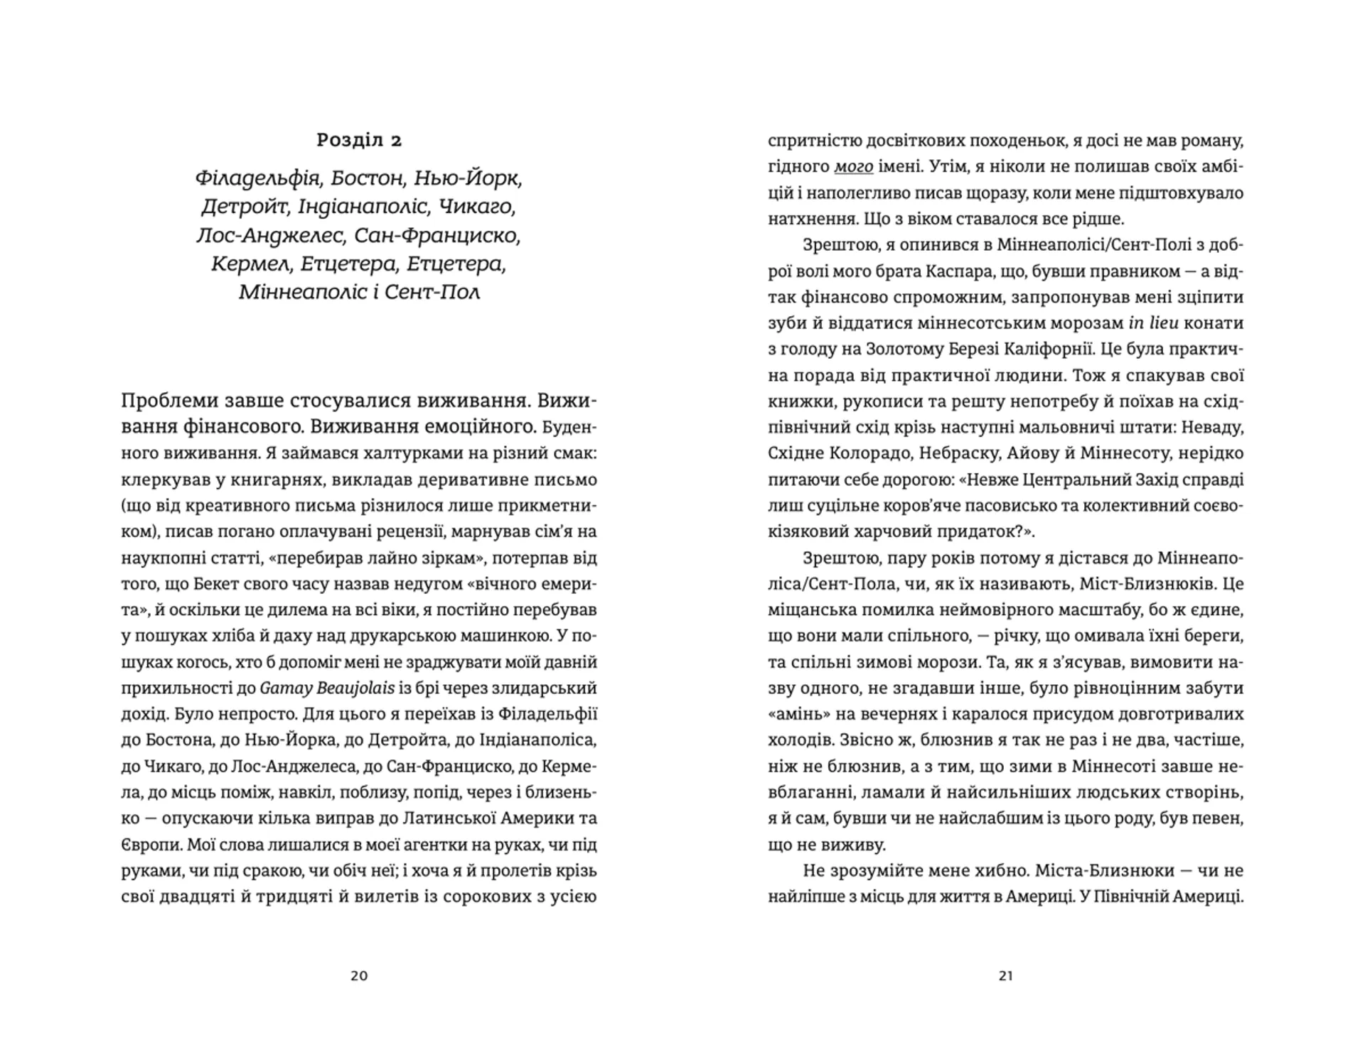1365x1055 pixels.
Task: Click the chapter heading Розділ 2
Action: coord(359,141)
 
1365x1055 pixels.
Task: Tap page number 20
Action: coord(359,976)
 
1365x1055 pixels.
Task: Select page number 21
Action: coord(1005,976)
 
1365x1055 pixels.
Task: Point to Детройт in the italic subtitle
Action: coord(243,207)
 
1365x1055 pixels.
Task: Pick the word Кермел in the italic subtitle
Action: coord(250,264)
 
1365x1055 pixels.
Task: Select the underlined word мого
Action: coord(853,167)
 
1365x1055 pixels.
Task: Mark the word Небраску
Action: coord(955,453)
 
